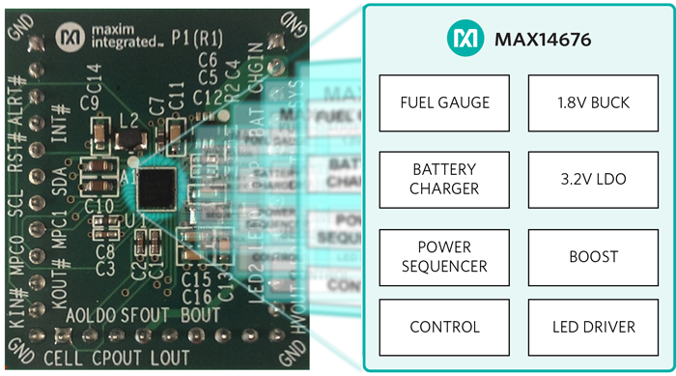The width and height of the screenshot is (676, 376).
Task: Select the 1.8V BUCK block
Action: click(x=593, y=102)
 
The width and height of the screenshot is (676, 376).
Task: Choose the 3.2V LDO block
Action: click(x=593, y=180)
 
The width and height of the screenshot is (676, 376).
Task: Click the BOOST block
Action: click(x=593, y=256)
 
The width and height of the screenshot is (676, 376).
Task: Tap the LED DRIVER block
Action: click(x=593, y=327)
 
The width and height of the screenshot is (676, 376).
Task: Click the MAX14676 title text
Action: click(x=543, y=40)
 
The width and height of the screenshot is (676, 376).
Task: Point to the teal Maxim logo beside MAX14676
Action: click(x=464, y=39)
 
